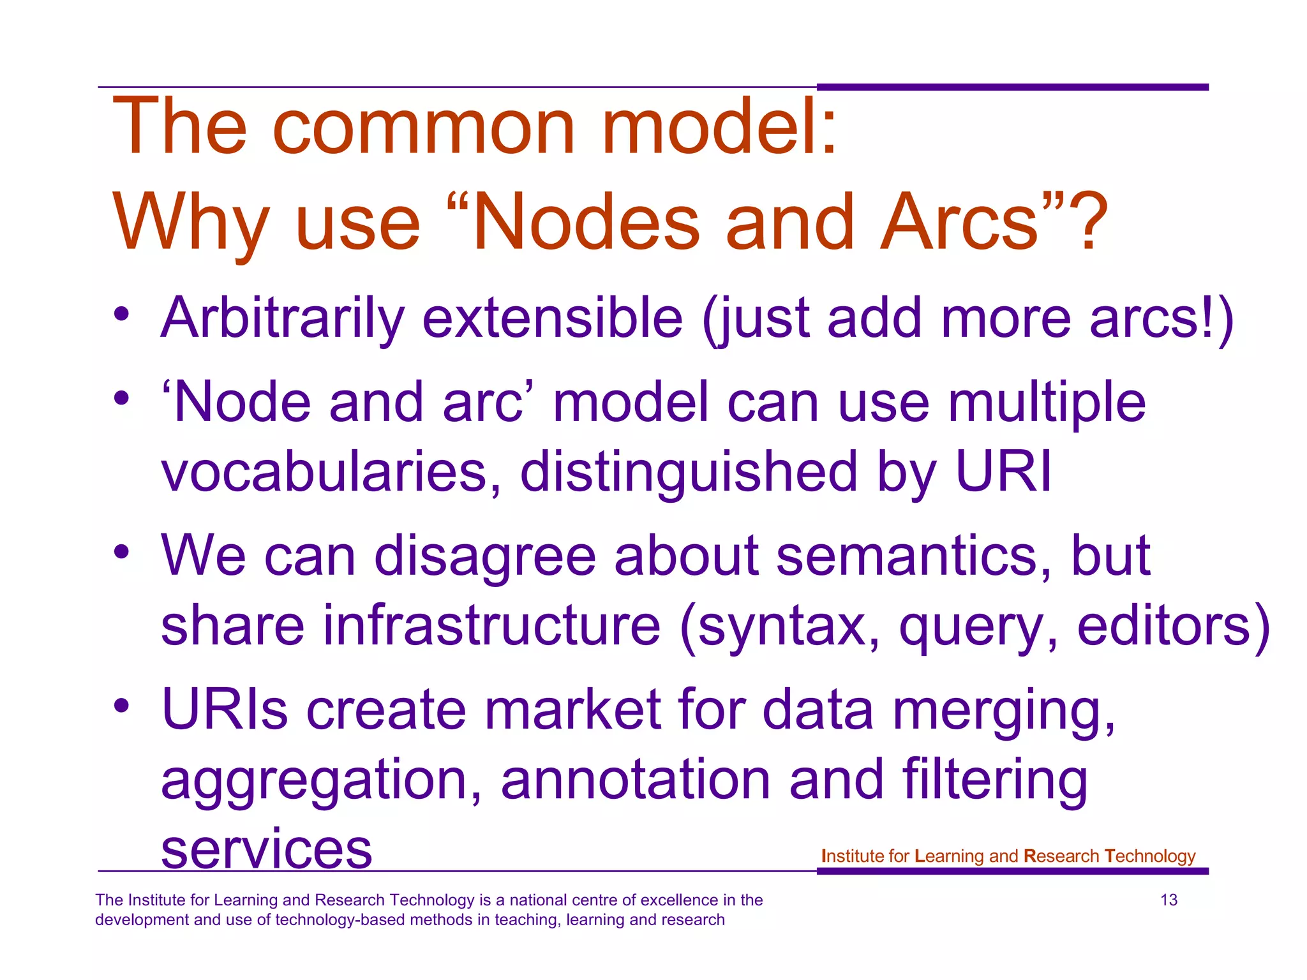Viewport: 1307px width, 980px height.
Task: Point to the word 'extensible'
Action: point(553,318)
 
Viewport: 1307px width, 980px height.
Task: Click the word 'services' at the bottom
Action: point(266,850)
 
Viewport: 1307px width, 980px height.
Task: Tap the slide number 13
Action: point(1169,900)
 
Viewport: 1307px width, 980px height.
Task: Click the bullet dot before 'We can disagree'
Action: point(122,552)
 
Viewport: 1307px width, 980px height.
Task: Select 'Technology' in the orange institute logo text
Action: point(1149,856)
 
